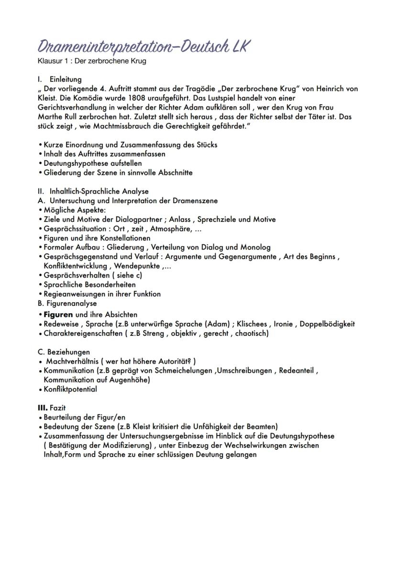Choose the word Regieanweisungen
[73, 294]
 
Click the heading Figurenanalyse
[71, 303]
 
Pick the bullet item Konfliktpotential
[70, 389]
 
